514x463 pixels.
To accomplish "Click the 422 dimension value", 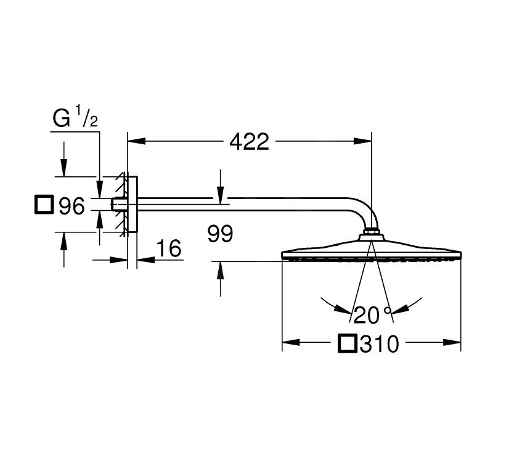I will (249, 142).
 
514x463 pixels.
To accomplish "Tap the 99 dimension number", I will (220, 234).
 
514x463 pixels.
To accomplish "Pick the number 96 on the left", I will (71, 207).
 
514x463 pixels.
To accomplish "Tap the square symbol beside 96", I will (44, 205).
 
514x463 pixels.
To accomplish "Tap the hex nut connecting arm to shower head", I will (370, 234).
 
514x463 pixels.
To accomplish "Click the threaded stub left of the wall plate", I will (116, 205).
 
